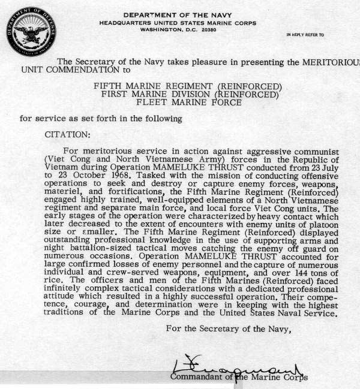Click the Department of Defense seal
click(x=29, y=32)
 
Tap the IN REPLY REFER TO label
click(x=305, y=35)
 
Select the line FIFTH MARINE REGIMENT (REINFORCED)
click(x=187, y=86)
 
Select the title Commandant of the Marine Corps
click(x=239, y=377)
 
